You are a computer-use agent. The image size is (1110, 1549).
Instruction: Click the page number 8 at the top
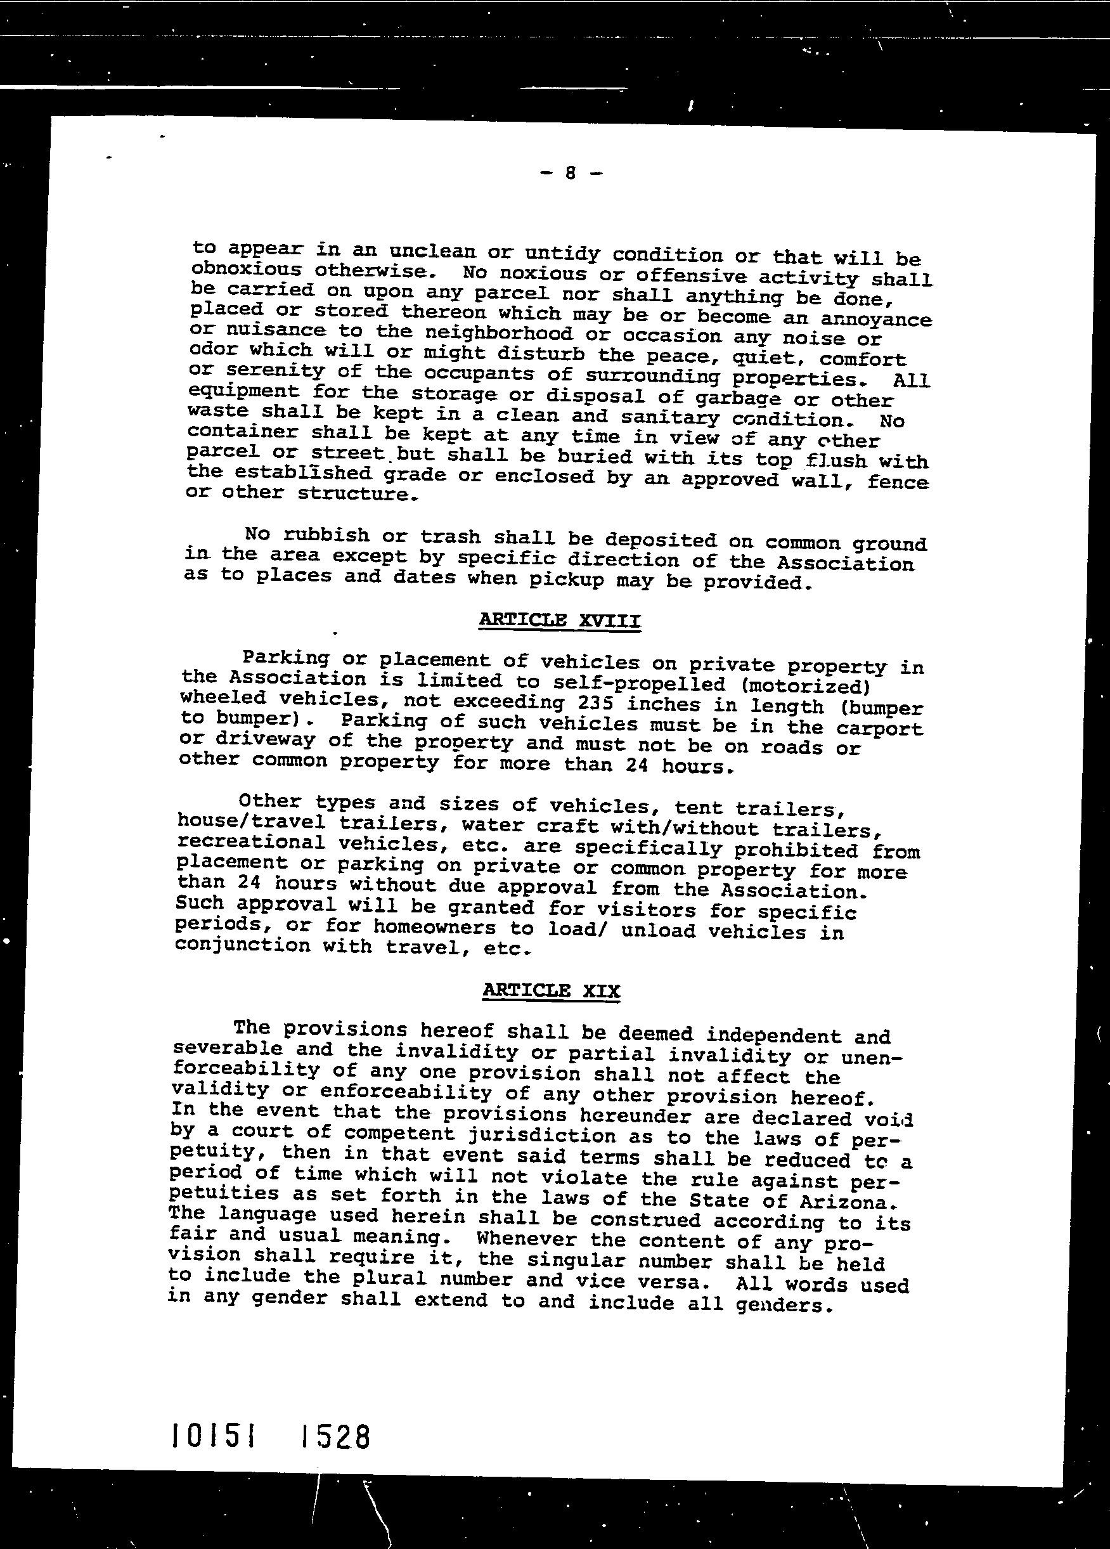(570, 174)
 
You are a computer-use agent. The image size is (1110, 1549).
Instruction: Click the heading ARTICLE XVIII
(560, 620)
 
